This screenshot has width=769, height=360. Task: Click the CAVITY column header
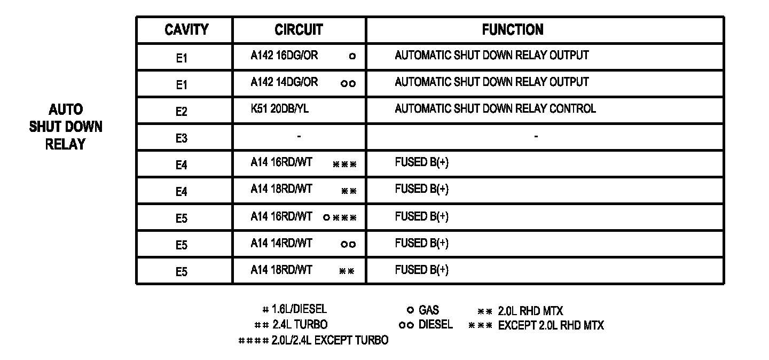click(186, 30)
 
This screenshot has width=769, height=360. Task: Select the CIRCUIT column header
click(299, 30)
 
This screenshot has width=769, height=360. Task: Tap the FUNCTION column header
click(512, 30)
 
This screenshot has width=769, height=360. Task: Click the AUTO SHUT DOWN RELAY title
click(66, 127)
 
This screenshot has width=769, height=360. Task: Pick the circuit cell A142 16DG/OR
click(284, 56)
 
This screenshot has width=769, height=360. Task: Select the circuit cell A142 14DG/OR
click(284, 82)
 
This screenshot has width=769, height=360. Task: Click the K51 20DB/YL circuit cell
click(279, 109)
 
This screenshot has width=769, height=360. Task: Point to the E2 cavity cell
click(182, 112)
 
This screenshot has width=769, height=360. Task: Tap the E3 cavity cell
click(182, 138)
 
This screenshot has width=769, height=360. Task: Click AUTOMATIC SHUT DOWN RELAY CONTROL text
click(495, 109)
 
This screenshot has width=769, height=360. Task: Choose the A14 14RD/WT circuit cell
click(281, 244)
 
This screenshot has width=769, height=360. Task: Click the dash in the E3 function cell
click(536, 137)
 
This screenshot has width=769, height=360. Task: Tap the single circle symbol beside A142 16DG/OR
click(352, 56)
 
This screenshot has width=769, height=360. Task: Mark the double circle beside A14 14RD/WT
click(348, 244)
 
